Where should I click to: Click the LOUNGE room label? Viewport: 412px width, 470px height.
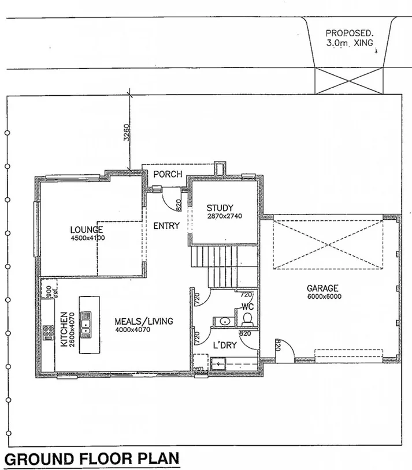(87, 230)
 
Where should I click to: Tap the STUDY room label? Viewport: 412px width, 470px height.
(220, 208)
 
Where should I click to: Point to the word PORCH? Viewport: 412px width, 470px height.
(168, 174)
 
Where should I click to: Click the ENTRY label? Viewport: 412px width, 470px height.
(166, 226)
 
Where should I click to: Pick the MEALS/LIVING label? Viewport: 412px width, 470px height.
(143, 321)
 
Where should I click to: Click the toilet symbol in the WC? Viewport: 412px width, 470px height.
(248, 319)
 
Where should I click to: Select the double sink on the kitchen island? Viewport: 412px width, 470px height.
(87, 323)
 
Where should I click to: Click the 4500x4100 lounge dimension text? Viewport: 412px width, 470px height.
(87, 238)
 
